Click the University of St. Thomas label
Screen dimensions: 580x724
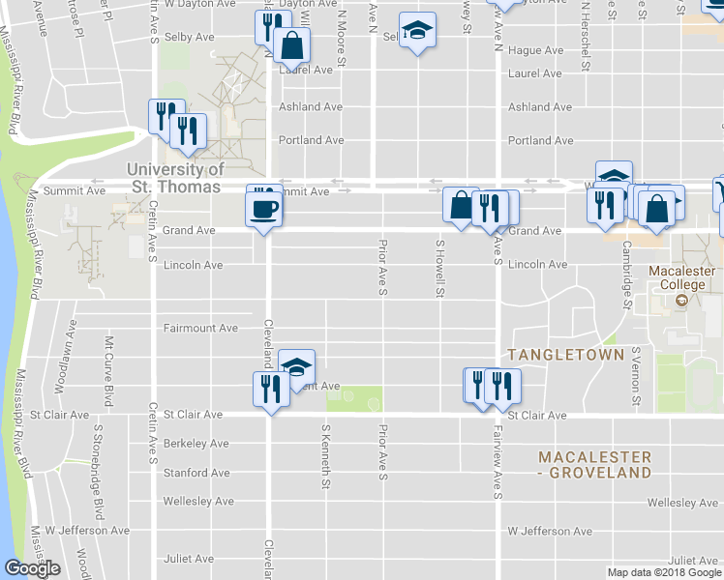pyautogui.click(x=176, y=177)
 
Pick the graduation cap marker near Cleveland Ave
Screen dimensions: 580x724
pyautogui.click(x=297, y=366)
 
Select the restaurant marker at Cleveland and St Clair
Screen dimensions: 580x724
pyautogui.click(x=270, y=390)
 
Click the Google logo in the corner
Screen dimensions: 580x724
pyautogui.click(x=32, y=568)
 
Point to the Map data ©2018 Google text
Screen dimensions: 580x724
pyautogui.click(x=663, y=572)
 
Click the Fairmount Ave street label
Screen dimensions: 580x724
pyautogui.click(x=200, y=328)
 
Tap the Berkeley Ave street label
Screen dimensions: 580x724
pyautogui.click(x=196, y=444)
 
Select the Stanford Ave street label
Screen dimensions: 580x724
pyautogui.click(x=196, y=473)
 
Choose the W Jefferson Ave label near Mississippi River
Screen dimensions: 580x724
pyautogui.click(x=87, y=531)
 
